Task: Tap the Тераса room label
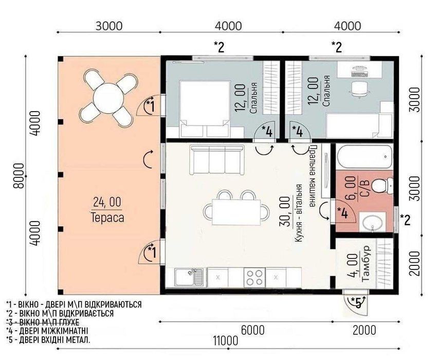[x=107, y=218]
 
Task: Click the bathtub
[x=365, y=156]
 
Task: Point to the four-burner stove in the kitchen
[x=254, y=278]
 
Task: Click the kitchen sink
[x=189, y=278]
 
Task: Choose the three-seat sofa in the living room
[x=216, y=160]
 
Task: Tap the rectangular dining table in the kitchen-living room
[x=236, y=212]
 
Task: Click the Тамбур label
[x=366, y=263]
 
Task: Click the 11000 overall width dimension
[x=226, y=341]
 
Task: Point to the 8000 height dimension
[x=19, y=176]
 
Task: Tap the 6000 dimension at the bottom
[x=252, y=330]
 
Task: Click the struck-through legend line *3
[x=43, y=322]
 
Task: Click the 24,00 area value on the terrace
[x=107, y=202]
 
